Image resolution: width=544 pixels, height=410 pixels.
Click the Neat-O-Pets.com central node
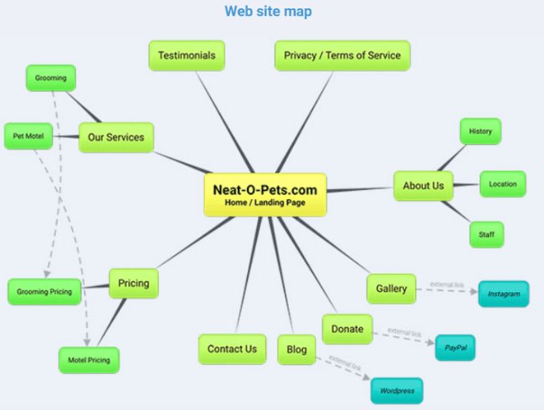pos(264,195)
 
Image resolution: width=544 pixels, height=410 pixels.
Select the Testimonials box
pos(187,55)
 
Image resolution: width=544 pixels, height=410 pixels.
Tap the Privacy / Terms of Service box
pos(341,55)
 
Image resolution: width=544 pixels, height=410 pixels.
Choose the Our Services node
pos(115,137)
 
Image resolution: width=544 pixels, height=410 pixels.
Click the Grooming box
pos(50,79)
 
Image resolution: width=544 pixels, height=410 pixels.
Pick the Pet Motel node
pos(28,136)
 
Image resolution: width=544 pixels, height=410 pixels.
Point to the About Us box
pos(423,186)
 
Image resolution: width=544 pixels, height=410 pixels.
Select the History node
pos(480,131)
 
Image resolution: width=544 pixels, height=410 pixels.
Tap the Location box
pos(502,184)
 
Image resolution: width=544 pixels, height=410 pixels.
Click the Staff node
pos(486,234)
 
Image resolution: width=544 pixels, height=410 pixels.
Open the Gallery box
pos(391,289)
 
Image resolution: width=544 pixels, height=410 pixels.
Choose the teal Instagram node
pos(504,294)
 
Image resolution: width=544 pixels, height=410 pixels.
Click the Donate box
pos(346,329)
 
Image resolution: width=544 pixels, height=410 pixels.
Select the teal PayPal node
pos(454,346)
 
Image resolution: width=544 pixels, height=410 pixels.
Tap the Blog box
pos(296,349)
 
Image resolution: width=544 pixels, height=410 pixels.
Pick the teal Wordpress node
pos(398,391)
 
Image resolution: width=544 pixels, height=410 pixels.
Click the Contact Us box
pos(232,349)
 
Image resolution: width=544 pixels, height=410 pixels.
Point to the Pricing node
pos(133,284)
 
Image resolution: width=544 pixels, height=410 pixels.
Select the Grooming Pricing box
pos(45,292)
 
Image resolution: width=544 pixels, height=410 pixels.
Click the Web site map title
pos(268,12)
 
